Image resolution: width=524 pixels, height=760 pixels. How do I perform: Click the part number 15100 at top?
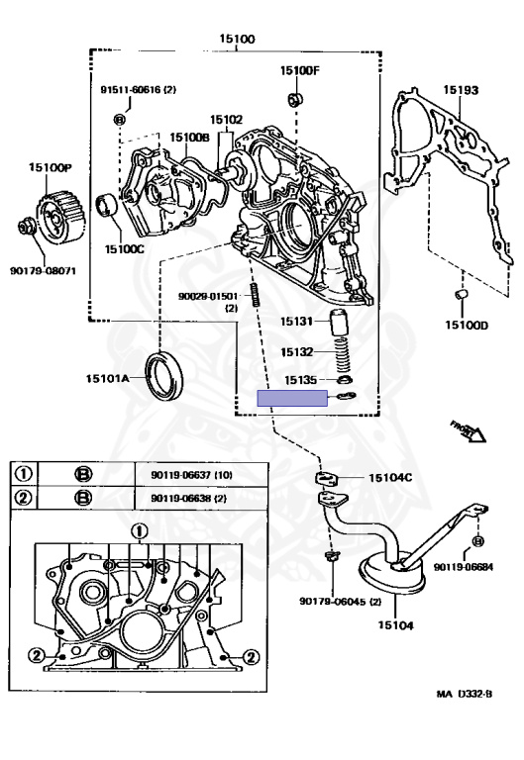point(237,40)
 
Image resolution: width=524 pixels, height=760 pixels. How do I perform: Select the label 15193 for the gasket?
point(461,90)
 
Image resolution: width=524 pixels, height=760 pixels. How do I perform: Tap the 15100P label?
point(49,168)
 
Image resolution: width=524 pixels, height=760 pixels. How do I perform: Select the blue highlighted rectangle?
point(292,398)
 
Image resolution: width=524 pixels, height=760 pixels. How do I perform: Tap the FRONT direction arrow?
point(467,430)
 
